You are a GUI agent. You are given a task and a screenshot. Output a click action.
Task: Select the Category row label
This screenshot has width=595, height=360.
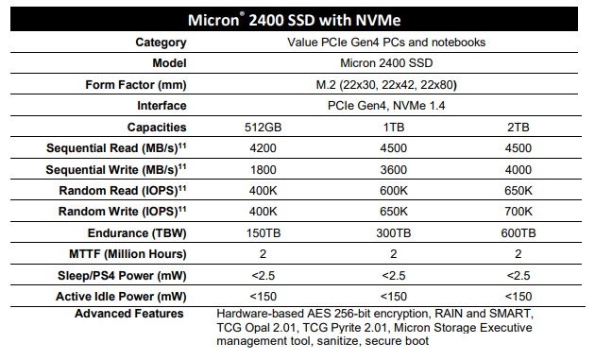pos(161,42)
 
